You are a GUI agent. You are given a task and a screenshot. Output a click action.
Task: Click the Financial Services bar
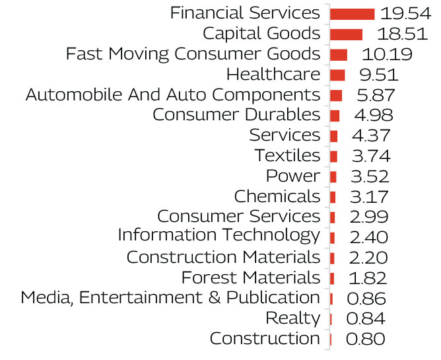pyautogui.click(x=352, y=14)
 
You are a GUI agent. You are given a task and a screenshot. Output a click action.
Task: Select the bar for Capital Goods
pyautogui.click(x=346, y=34)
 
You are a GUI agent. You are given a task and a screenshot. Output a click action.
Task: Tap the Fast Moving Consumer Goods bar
pyautogui.click(x=338, y=55)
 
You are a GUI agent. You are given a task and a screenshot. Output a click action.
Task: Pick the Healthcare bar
pyautogui.click(x=337, y=75)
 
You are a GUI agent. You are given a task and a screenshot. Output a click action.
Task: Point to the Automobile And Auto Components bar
pyautogui.click(x=335, y=96)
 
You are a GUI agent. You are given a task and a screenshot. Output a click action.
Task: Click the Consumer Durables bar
pyautogui.click(x=335, y=116)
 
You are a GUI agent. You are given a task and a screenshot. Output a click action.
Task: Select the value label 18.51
pyautogui.click(x=395, y=34)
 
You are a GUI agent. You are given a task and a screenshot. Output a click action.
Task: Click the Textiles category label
pyautogui.click(x=287, y=157)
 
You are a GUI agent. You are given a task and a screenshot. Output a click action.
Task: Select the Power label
pyautogui.click(x=292, y=176)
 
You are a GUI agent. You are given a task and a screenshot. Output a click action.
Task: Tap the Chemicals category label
pyautogui.click(x=277, y=197)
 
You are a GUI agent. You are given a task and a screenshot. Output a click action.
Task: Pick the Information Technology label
pyautogui.click(x=219, y=236)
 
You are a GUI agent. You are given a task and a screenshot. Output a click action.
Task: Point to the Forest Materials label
pyautogui.click(x=251, y=277)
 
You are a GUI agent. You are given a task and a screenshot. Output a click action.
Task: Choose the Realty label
pyautogui.click(x=292, y=318)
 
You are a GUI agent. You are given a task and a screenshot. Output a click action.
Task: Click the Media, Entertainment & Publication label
pyautogui.click(x=170, y=298)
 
